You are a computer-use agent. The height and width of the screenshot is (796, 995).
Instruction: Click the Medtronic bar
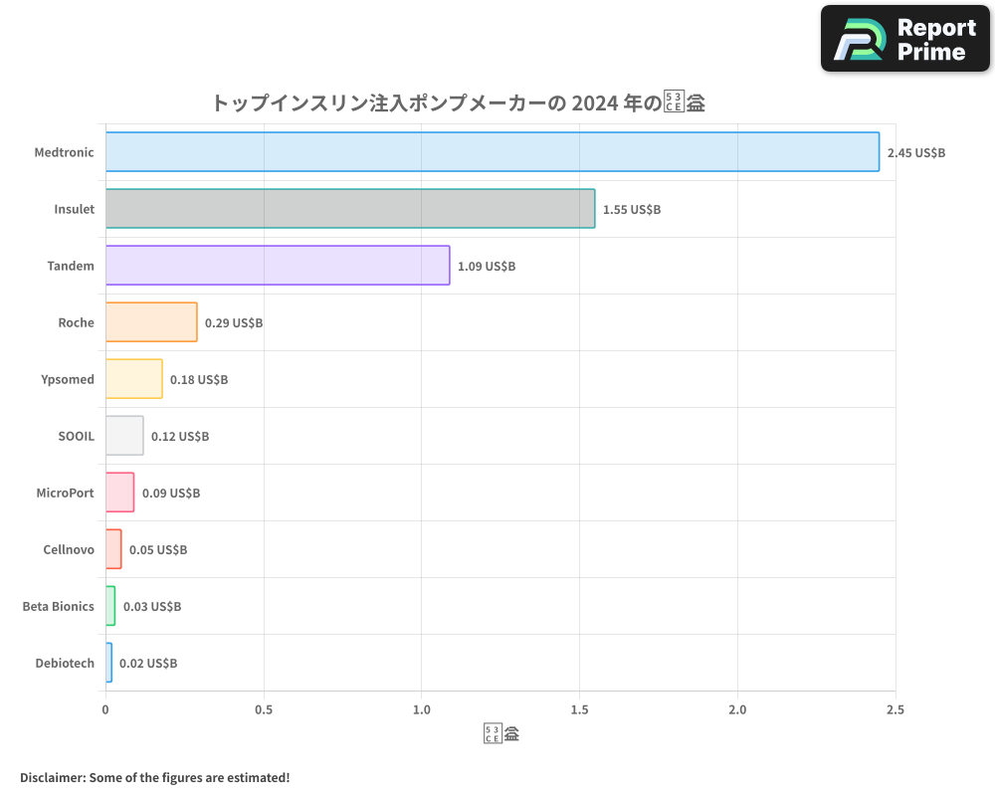tap(493, 152)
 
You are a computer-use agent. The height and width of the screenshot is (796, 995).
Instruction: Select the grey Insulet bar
tap(350, 209)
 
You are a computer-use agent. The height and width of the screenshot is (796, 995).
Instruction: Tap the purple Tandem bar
tap(278, 266)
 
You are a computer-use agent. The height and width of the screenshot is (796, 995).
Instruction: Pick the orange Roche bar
tap(151, 322)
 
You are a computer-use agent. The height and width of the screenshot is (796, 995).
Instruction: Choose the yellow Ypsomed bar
tap(134, 379)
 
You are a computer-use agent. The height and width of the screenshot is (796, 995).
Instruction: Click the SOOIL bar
tap(124, 436)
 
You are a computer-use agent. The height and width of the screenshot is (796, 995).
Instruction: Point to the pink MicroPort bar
tap(119, 493)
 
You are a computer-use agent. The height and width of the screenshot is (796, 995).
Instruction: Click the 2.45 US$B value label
tap(915, 153)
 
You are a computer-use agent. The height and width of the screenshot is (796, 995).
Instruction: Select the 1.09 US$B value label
tap(487, 267)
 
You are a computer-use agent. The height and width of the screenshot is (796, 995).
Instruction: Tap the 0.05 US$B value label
tap(158, 550)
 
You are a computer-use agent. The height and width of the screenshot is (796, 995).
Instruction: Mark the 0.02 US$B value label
tap(148, 664)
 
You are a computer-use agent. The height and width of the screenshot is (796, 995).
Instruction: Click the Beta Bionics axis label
tap(59, 607)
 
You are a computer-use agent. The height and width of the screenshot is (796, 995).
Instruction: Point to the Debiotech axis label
tap(65, 664)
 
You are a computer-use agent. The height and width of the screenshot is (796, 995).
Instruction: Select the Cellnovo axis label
tap(69, 550)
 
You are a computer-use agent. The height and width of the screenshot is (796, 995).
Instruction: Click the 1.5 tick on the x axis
tap(580, 710)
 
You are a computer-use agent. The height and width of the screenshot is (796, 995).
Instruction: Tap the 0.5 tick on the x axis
tap(264, 710)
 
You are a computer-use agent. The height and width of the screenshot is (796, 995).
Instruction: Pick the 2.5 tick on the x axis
tap(895, 710)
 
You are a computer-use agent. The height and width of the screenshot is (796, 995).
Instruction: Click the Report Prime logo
tap(905, 39)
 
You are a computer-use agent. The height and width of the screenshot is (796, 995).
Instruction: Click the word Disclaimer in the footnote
tap(51, 777)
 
